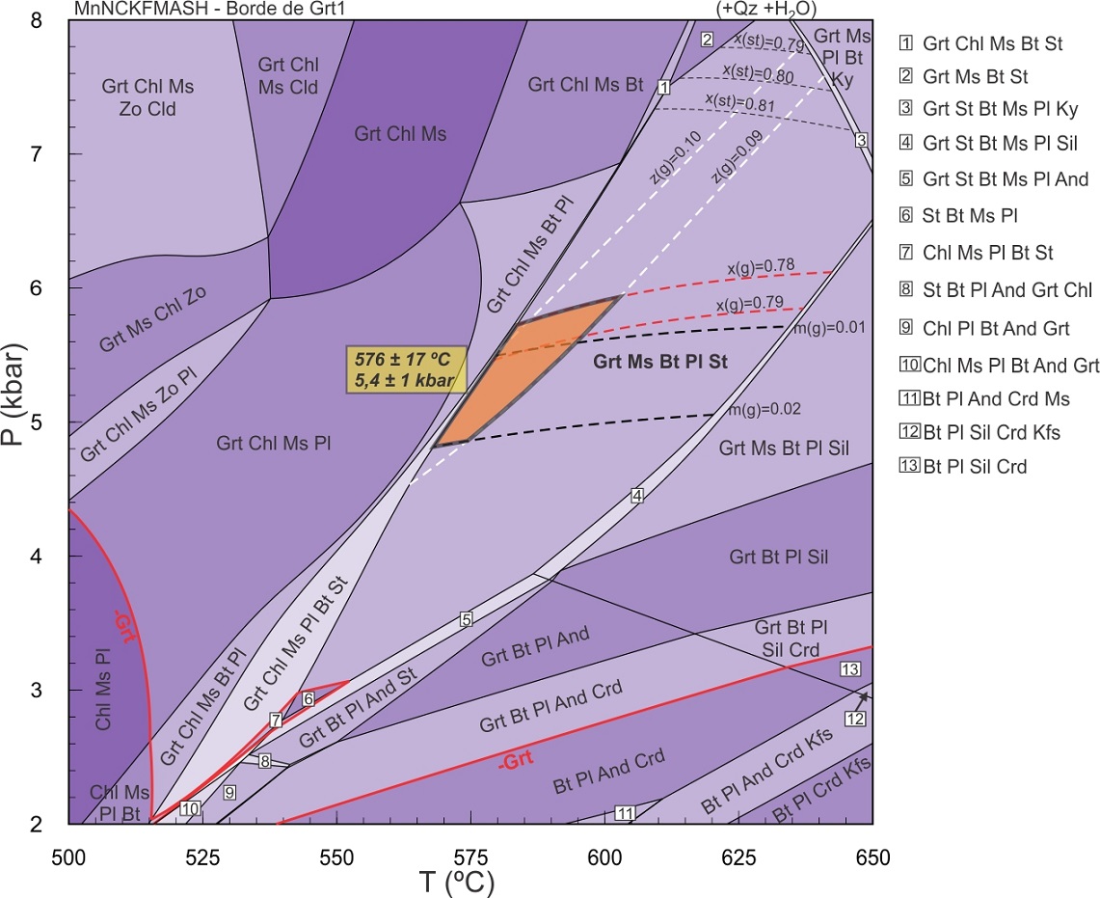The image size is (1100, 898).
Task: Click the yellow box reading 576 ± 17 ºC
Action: [x=406, y=367]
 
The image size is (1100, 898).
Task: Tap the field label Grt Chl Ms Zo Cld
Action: [x=148, y=97]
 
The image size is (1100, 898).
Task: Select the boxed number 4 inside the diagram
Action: [x=636, y=496]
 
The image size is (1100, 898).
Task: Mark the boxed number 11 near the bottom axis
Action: [x=625, y=813]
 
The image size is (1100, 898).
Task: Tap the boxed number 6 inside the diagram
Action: [x=309, y=698]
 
